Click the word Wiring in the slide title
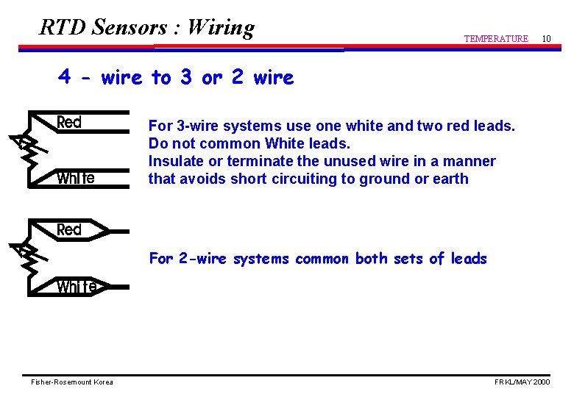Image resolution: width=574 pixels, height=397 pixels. click(221, 28)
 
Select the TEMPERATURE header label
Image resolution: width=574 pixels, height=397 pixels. click(496, 39)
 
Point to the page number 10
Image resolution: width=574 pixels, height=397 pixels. click(546, 38)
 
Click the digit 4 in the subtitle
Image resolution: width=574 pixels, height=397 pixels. click(65, 78)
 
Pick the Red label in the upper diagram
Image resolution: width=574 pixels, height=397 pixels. click(69, 123)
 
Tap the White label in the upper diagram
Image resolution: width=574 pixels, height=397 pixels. click(76, 178)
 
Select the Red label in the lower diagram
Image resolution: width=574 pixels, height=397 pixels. click(69, 230)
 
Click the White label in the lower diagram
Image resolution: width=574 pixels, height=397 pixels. click(76, 287)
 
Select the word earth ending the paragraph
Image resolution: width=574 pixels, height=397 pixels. click(450, 179)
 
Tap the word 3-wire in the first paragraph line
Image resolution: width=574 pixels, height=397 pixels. click(196, 126)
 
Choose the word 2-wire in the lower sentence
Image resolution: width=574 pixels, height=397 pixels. click(203, 259)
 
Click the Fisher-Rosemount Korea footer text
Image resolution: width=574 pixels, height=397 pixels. click(72, 382)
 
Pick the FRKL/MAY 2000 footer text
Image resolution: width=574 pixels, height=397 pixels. click(522, 382)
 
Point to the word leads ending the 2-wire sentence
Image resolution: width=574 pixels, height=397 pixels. click(469, 259)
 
